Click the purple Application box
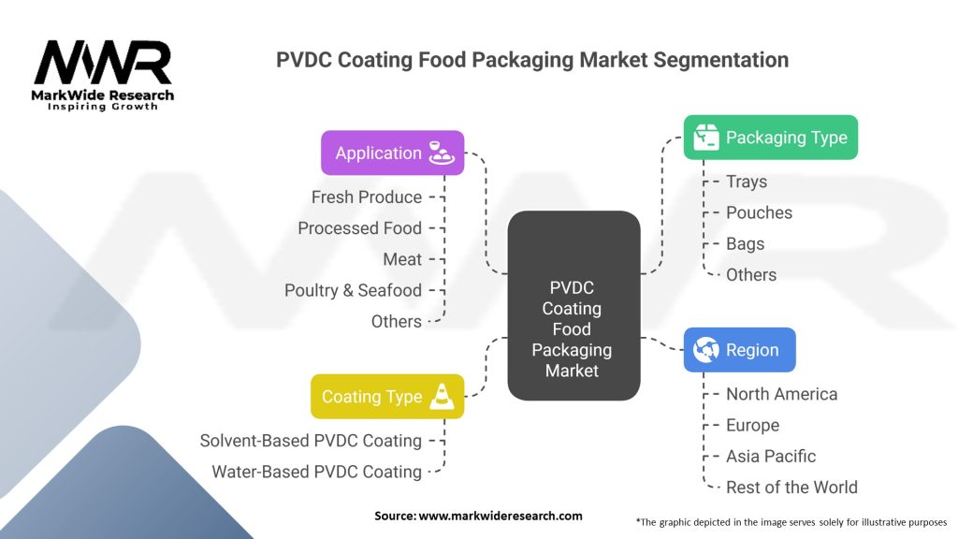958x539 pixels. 392,153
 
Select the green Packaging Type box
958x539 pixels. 771,138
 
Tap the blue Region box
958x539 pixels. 739,350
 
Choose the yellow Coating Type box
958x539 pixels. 387,397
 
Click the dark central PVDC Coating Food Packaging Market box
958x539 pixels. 573,306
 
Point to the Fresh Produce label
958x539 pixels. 367,197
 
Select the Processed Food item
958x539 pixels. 360,228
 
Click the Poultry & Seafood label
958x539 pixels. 353,290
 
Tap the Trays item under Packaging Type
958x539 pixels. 747,182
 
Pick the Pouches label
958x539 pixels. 759,212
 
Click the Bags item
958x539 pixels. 745,244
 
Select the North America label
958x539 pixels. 781,394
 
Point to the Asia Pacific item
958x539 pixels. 771,457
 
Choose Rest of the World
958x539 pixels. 791,488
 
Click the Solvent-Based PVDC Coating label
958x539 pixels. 311,441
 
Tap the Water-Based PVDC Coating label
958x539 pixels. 316,472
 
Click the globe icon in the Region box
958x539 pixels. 705,350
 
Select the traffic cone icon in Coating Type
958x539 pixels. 442,397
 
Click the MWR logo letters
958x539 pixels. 103,62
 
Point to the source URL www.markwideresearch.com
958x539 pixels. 501,516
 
